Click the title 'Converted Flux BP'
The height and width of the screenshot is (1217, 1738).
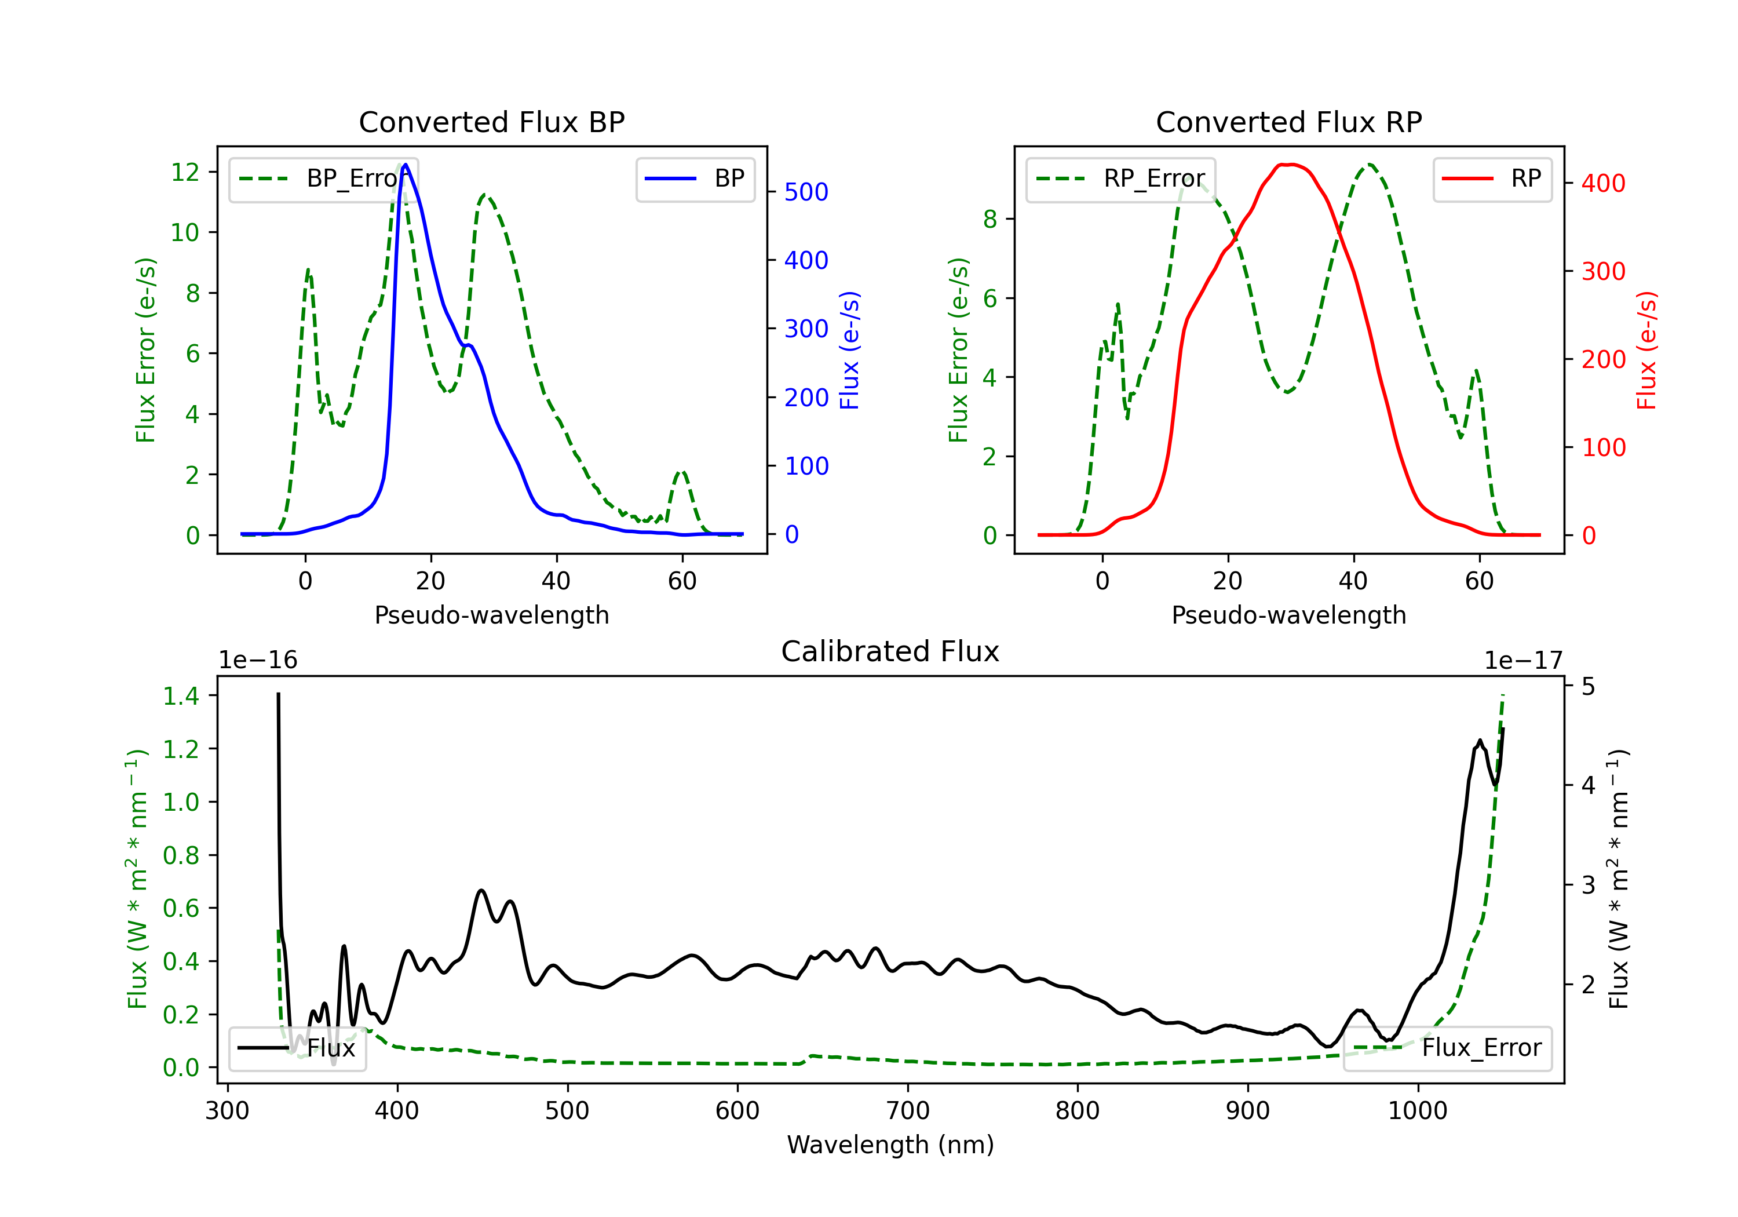point(491,122)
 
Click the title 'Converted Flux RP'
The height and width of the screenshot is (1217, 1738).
point(1288,122)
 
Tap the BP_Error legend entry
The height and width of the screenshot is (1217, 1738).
point(324,178)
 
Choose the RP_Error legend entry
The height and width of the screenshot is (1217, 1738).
point(1121,178)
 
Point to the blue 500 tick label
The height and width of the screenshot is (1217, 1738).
point(806,192)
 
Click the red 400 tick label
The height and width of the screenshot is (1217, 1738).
point(1603,183)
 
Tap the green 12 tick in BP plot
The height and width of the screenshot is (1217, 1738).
point(185,172)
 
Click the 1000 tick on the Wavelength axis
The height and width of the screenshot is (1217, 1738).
point(1417,1111)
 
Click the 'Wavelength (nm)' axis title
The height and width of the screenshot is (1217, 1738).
point(890,1145)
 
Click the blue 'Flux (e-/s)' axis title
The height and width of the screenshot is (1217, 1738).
point(850,351)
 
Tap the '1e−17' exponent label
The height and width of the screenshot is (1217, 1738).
point(1523,661)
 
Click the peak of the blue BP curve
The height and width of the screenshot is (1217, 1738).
point(406,165)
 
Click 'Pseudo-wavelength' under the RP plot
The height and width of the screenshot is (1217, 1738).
point(1288,615)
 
